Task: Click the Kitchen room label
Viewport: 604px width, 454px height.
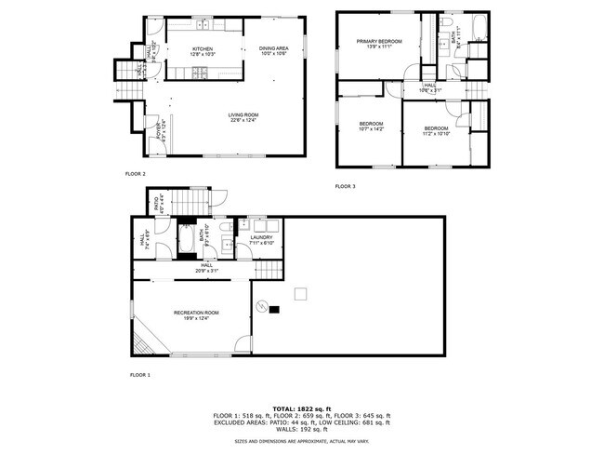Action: tap(203, 48)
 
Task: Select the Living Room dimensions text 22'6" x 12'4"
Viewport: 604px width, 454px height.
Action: tap(242, 120)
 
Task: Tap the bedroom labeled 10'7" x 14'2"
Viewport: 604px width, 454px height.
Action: tap(371, 127)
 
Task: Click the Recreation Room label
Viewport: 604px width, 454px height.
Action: tap(196, 312)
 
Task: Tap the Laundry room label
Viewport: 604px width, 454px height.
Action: tap(263, 238)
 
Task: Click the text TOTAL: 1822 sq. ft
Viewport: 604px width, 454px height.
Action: tap(301, 408)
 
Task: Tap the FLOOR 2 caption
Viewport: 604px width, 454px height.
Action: tap(136, 173)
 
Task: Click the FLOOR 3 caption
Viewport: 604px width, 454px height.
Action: tap(346, 186)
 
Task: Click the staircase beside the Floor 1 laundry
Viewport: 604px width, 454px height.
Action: tap(269, 268)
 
